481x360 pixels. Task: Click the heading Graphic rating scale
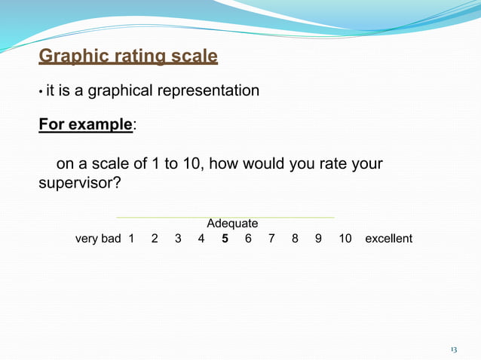tap(127, 56)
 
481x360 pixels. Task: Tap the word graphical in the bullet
tap(119, 91)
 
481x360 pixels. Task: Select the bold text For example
tap(85, 125)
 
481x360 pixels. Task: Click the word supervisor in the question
tap(79, 183)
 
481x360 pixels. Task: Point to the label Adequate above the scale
tap(232, 224)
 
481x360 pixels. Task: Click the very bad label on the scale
tap(98, 239)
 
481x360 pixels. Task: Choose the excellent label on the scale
tap(388, 239)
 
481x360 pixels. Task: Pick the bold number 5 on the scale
tap(225, 239)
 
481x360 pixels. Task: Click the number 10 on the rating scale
tap(345, 239)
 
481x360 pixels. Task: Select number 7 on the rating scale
tap(271, 239)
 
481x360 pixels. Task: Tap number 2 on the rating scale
tap(155, 239)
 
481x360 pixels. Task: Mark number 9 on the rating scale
tap(318, 239)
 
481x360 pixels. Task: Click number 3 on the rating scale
tap(178, 239)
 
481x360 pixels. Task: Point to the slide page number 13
tap(453, 349)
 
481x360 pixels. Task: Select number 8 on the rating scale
tap(295, 239)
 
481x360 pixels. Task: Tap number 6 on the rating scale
tap(248, 239)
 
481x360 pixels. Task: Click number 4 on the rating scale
tap(201, 239)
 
